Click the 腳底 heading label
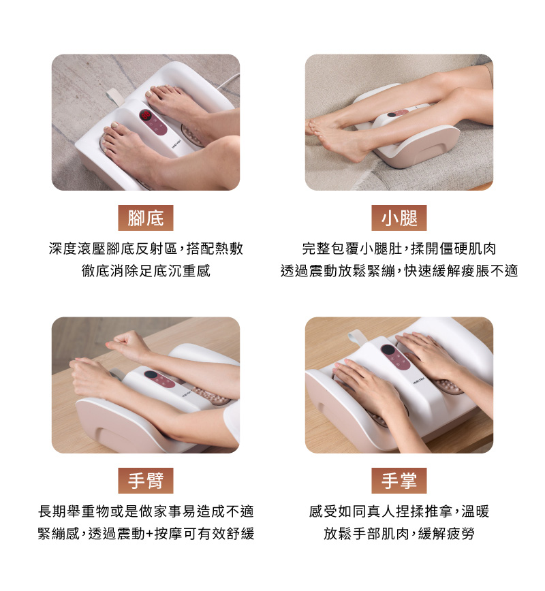click(x=146, y=218)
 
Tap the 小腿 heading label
click(x=399, y=218)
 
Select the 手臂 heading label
click(x=146, y=481)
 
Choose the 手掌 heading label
click(x=399, y=481)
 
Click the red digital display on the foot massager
click(x=146, y=115)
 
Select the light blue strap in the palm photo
click(x=356, y=337)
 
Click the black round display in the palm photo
click(x=388, y=349)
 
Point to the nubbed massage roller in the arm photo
click(x=212, y=395)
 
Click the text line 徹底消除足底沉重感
click(x=146, y=270)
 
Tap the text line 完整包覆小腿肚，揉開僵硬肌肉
click(x=399, y=249)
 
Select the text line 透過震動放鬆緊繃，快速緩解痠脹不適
click(x=399, y=270)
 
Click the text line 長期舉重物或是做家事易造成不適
click(x=146, y=511)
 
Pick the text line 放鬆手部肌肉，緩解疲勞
click(x=399, y=533)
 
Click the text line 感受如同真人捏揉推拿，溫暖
click(x=399, y=511)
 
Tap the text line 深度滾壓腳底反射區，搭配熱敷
click(x=146, y=249)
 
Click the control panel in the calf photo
click(x=399, y=113)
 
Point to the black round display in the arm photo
click(x=150, y=374)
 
